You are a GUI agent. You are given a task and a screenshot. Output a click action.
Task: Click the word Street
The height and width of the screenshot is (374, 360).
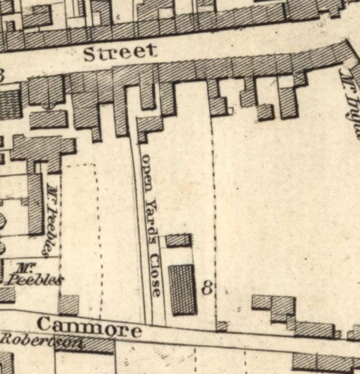click(120, 53)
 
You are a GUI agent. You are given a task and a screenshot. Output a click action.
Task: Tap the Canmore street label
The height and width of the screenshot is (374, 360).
click(89, 327)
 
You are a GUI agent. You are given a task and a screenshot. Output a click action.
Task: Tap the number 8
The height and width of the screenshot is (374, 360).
click(208, 288)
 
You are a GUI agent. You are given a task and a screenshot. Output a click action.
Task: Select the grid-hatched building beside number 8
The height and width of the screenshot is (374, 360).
click(183, 290)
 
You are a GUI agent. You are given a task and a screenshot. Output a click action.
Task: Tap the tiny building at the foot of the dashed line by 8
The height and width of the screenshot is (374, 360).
click(222, 326)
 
